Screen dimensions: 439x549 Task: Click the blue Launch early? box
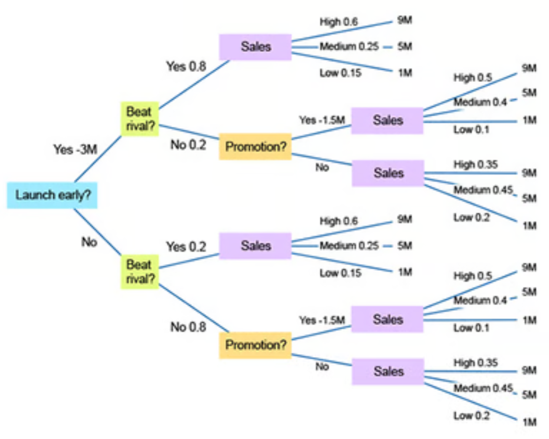[x=52, y=195]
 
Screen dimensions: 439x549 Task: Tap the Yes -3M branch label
[x=75, y=149]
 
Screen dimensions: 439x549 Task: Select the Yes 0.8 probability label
[x=186, y=66]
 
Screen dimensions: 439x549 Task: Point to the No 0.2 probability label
[x=188, y=145]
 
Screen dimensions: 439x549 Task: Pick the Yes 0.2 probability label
[x=186, y=247]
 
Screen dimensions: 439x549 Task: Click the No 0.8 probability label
[x=188, y=327]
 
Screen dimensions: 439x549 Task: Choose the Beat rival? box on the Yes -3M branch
[x=140, y=119]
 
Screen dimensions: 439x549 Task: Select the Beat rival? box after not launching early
[x=140, y=272]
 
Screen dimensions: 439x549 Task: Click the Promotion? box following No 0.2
[x=255, y=146]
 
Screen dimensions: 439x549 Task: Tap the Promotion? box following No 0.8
[x=255, y=345]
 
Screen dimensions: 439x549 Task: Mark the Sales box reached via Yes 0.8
[x=255, y=47]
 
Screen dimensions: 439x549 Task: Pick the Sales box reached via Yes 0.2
[x=255, y=246]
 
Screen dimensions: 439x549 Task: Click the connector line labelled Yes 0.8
[x=194, y=84]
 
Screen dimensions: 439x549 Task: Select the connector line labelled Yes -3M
[x=98, y=159]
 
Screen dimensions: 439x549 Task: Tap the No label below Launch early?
[x=89, y=242]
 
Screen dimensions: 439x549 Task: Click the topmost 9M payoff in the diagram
[x=405, y=20]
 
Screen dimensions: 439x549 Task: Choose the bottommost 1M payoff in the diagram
[x=530, y=422]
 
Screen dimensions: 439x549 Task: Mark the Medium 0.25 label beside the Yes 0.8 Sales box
[x=349, y=47]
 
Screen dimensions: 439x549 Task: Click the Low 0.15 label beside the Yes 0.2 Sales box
[x=340, y=273]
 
